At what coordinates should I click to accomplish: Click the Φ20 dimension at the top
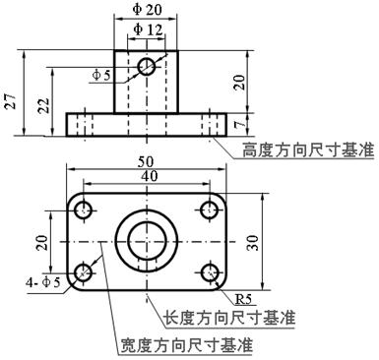(147, 9)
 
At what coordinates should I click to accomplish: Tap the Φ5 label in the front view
(102, 74)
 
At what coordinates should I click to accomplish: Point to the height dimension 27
(10, 102)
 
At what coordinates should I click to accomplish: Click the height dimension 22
(38, 106)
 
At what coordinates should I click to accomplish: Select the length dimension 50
(147, 159)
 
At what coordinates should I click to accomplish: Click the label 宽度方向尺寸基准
(186, 346)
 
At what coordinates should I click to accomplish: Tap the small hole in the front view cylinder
(147, 66)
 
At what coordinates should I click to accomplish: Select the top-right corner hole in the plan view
(210, 209)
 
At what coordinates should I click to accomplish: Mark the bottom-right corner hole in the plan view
(210, 272)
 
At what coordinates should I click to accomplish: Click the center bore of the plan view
(147, 240)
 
